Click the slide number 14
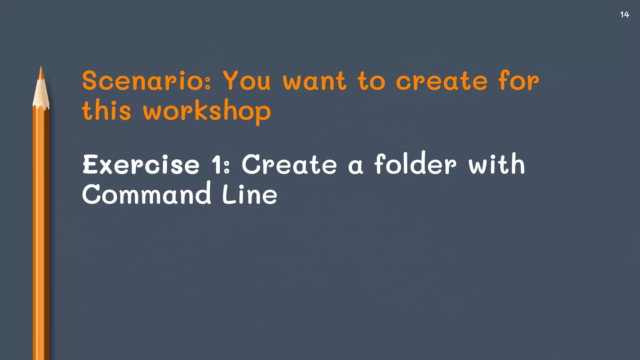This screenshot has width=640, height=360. tap(624, 15)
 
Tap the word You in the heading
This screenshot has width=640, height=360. tap(247, 81)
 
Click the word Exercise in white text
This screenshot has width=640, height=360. tap(141, 165)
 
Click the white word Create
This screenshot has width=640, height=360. tap(289, 165)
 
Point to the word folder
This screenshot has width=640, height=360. tap(415, 163)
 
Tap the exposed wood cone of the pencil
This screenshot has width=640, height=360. tap(41, 94)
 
